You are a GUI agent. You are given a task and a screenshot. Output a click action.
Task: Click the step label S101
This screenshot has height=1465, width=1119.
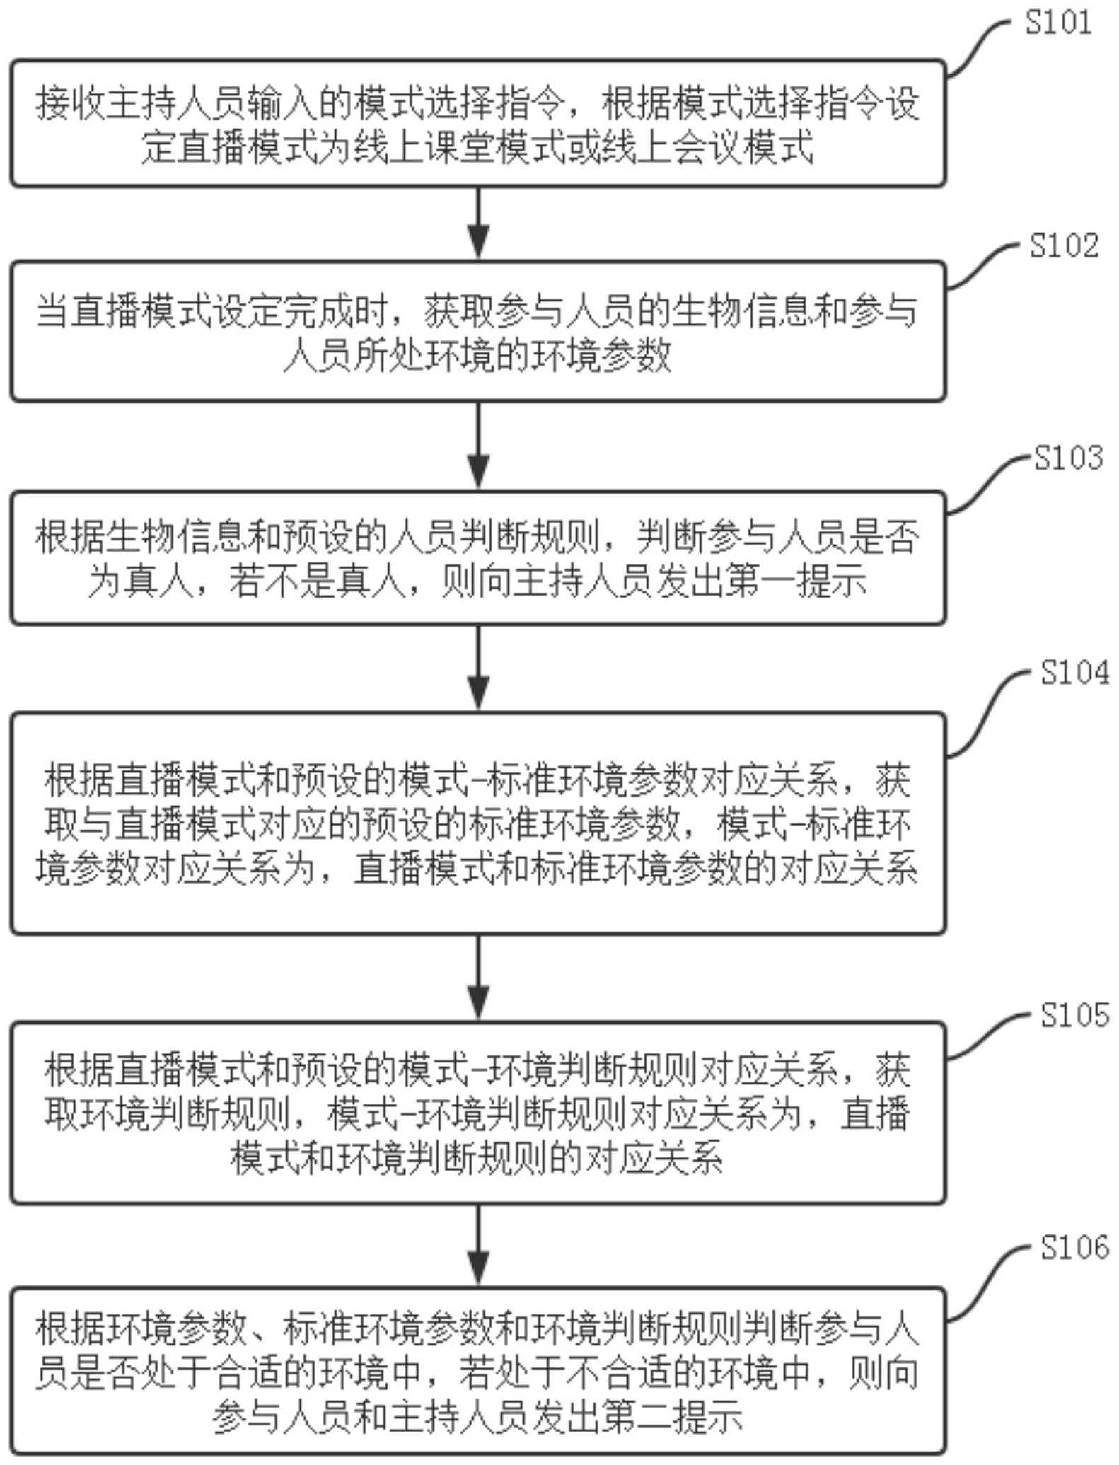point(1058,23)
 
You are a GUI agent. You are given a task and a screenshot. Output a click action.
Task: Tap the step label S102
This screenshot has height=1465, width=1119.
point(1064,245)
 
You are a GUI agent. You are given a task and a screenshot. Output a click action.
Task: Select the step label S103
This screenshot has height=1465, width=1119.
point(1068,458)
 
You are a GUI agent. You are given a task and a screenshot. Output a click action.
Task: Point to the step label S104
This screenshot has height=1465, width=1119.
point(1074,672)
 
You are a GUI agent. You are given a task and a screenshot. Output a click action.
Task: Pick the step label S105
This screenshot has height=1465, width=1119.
point(1074,1015)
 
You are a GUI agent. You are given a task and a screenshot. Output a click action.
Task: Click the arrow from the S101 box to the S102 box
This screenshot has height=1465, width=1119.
point(479,223)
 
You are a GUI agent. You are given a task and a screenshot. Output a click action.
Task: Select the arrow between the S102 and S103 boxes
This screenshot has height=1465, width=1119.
point(479,445)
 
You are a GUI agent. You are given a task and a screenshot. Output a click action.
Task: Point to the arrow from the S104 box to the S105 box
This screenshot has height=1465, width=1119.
point(479,978)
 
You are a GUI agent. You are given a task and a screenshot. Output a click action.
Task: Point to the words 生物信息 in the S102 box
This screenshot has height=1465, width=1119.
point(742,311)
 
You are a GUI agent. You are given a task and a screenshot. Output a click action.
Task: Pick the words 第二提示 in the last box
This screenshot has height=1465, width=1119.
point(673,1415)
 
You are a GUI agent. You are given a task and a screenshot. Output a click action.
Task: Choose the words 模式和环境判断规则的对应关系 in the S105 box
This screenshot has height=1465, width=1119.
point(477,1158)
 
